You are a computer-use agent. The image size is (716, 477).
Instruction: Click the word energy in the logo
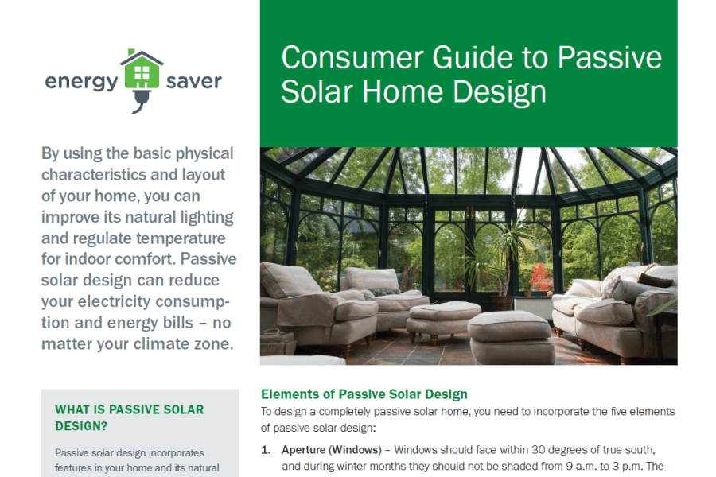pyautogui.click(x=82, y=82)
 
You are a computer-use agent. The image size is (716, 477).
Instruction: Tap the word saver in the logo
pyautogui.click(x=193, y=81)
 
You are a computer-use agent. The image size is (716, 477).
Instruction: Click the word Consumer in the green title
pyautogui.click(x=352, y=57)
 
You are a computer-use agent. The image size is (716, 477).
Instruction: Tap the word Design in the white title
pyautogui.click(x=500, y=92)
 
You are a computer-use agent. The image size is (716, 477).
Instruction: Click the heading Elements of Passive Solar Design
pyautogui.click(x=364, y=394)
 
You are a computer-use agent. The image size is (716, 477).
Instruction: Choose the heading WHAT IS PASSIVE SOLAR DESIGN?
pyautogui.click(x=129, y=417)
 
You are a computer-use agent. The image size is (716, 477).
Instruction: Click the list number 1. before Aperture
pyautogui.click(x=266, y=450)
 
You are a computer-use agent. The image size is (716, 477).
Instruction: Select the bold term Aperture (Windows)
pyautogui.click(x=332, y=450)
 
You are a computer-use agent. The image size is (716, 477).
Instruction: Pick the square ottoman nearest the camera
pyautogui.click(x=511, y=337)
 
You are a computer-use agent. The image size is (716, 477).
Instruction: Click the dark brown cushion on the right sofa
pyautogui.click(x=656, y=279)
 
